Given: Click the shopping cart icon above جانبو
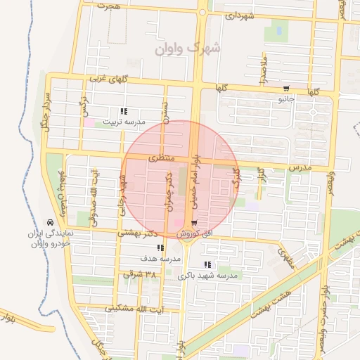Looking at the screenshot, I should [x=286, y=89].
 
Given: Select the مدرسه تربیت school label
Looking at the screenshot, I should [x=124, y=122].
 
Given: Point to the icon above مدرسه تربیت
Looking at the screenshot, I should [x=124, y=111].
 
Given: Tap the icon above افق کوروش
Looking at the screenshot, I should [x=184, y=224].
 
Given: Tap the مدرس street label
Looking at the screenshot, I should [x=299, y=168].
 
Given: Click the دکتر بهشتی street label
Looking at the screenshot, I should [x=133, y=232].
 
